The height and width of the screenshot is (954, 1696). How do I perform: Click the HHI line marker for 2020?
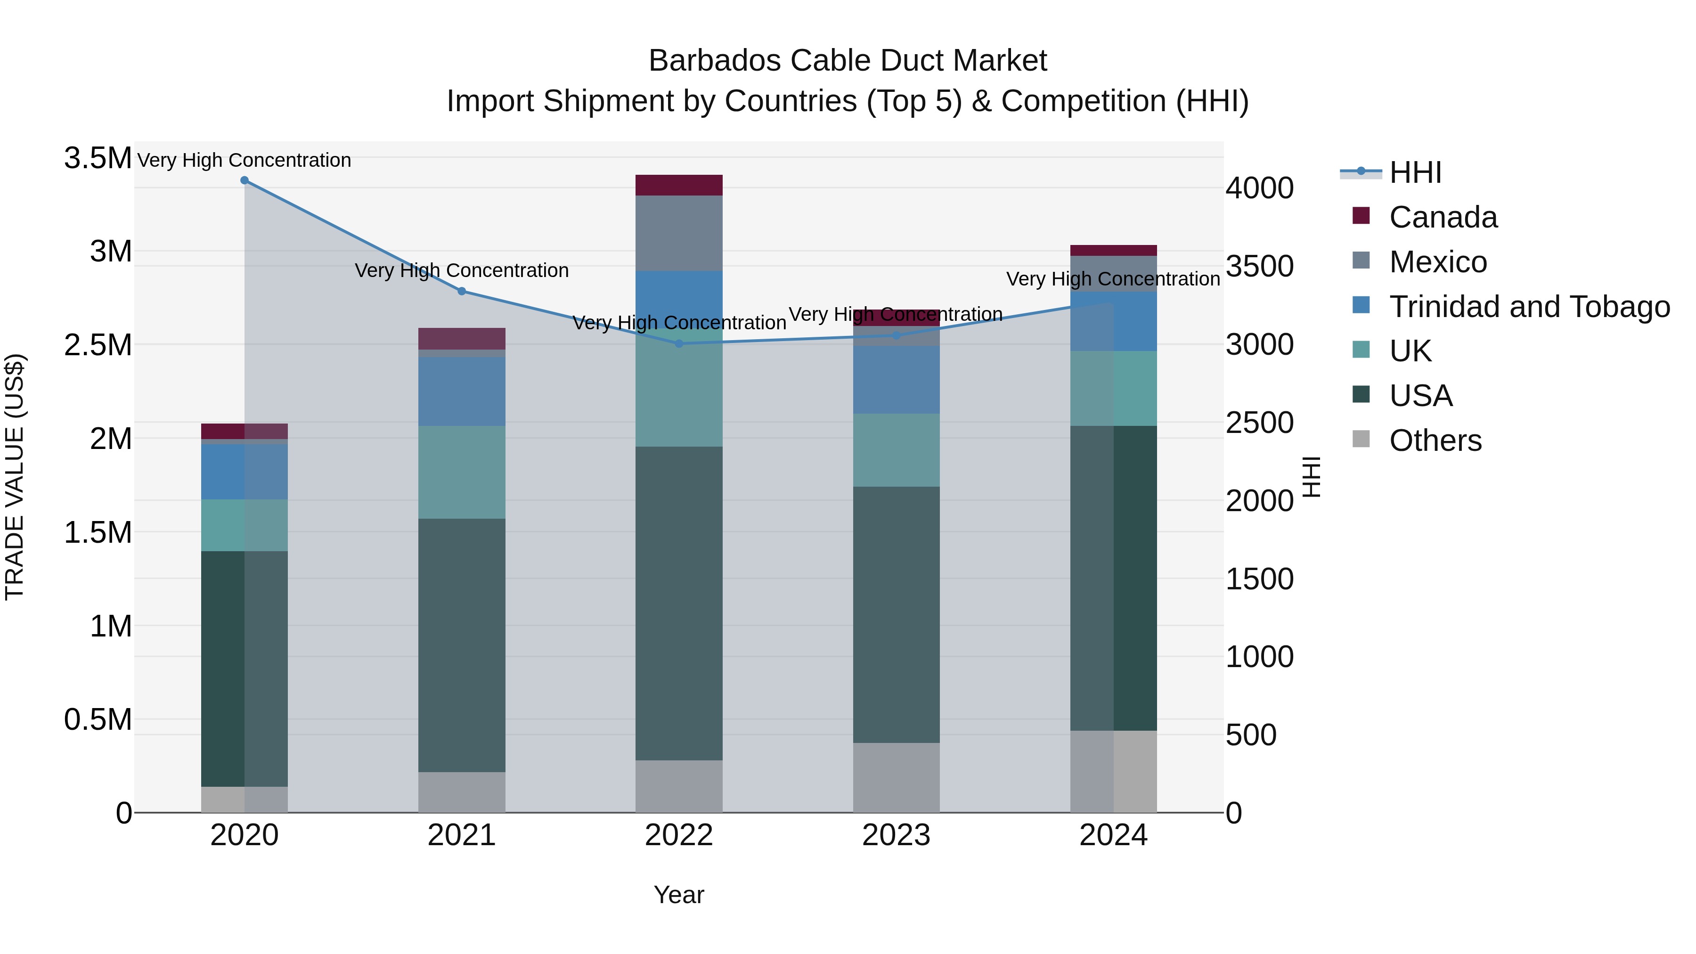244,180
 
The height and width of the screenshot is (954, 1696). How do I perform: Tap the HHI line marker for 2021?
462,291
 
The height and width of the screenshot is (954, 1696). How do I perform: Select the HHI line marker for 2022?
679,343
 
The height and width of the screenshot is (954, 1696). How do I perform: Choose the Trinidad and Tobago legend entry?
1529,307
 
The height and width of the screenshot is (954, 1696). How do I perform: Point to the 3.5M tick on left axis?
98,159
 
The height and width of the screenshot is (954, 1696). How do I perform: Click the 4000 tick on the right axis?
1259,188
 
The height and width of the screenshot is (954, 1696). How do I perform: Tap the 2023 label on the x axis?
896,835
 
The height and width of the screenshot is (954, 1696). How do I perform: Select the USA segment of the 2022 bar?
679,603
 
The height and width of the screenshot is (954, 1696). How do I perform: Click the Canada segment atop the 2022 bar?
679,185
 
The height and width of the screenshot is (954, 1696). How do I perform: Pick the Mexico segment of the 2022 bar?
679,233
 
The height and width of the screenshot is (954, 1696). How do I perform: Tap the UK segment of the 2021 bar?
462,472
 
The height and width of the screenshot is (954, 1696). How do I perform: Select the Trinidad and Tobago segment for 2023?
896,379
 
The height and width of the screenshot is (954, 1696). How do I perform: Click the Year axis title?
679,895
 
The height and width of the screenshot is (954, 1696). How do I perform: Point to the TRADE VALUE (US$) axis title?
15,477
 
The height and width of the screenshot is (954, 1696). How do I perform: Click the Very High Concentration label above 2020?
244,160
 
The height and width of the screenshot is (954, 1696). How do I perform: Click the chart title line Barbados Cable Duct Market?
848,61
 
